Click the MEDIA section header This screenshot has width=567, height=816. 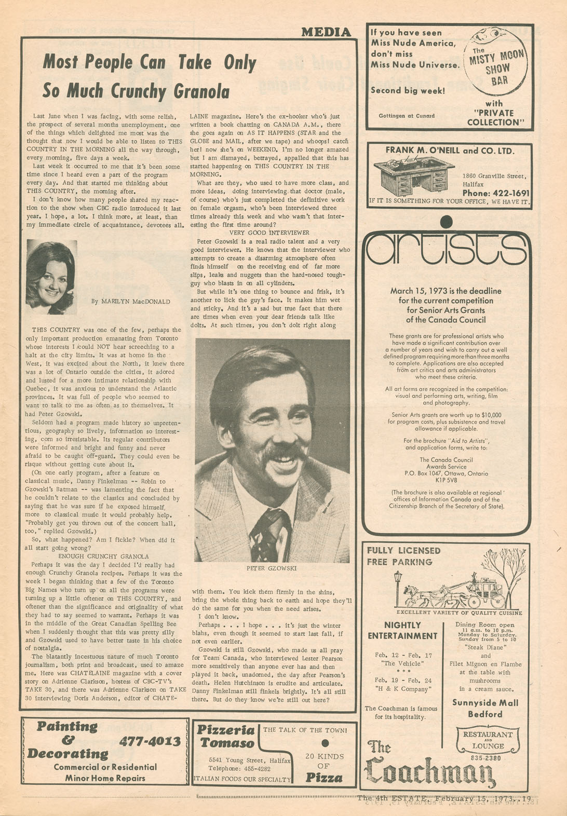click(326, 32)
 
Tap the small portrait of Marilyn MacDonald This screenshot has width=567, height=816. click(51, 276)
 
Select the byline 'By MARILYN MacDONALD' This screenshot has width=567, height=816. click(130, 301)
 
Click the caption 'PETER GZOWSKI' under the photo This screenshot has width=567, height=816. click(272, 568)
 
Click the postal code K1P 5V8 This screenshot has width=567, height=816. click(446, 481)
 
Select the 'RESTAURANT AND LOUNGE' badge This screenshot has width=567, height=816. click(488, 740)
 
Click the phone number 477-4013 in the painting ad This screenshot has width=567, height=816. click(150, 742)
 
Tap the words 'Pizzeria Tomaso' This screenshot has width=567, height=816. click(225, 736)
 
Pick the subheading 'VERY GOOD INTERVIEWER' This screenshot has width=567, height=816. click(269, 233)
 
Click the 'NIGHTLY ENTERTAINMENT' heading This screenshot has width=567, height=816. click(402, 630)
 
